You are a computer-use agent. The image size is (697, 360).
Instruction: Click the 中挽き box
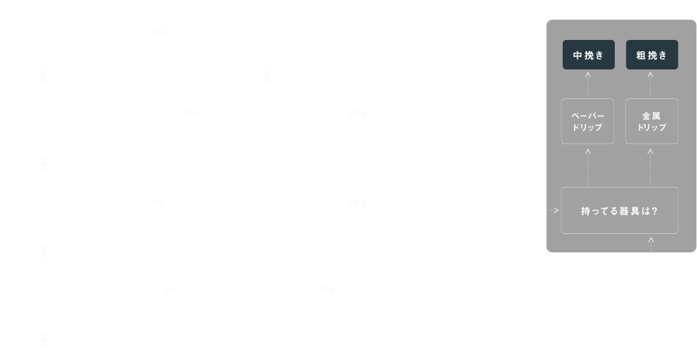[x=588, y=55]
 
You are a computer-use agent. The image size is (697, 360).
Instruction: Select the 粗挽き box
[x=651, y=55]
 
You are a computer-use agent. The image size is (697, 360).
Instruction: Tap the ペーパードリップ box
[x=588, y=121]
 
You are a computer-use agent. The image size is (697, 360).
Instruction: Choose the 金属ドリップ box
[x=651, y=121]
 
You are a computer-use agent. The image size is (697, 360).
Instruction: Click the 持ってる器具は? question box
[x=619, y=211]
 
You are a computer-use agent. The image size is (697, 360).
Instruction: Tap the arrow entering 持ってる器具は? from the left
[x=553, y=211]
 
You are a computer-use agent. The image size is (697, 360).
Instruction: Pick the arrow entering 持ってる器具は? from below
[x=651, y=244]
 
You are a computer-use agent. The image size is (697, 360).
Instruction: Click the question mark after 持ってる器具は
[x=654, y=211]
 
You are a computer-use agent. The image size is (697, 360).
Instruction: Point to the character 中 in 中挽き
[x=577, y=56]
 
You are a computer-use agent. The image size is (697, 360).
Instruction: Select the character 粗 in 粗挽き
[x=640, y=56]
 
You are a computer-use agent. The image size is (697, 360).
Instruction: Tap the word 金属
[x=651, y=116]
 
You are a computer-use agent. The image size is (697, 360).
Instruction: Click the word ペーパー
[x=588, y=116]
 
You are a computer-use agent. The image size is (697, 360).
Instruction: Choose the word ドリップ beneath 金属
[x=651, y=127]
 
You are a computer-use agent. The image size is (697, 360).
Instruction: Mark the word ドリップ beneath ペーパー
[x=588, y=127]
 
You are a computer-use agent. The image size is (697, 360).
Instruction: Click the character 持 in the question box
[x=585, y=211]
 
